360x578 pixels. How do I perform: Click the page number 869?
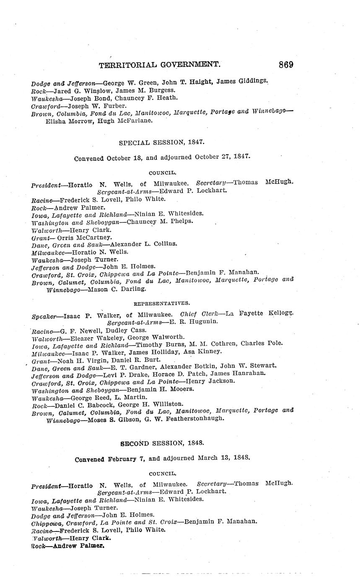(x=285, y=65)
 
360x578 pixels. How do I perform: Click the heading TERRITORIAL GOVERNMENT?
(x=160, y=65)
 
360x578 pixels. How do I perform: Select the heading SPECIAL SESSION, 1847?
(x=162, y=142)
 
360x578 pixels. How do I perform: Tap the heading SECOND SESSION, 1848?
(x=162, y=443)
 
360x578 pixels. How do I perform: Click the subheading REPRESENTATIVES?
(x=162, y=303)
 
